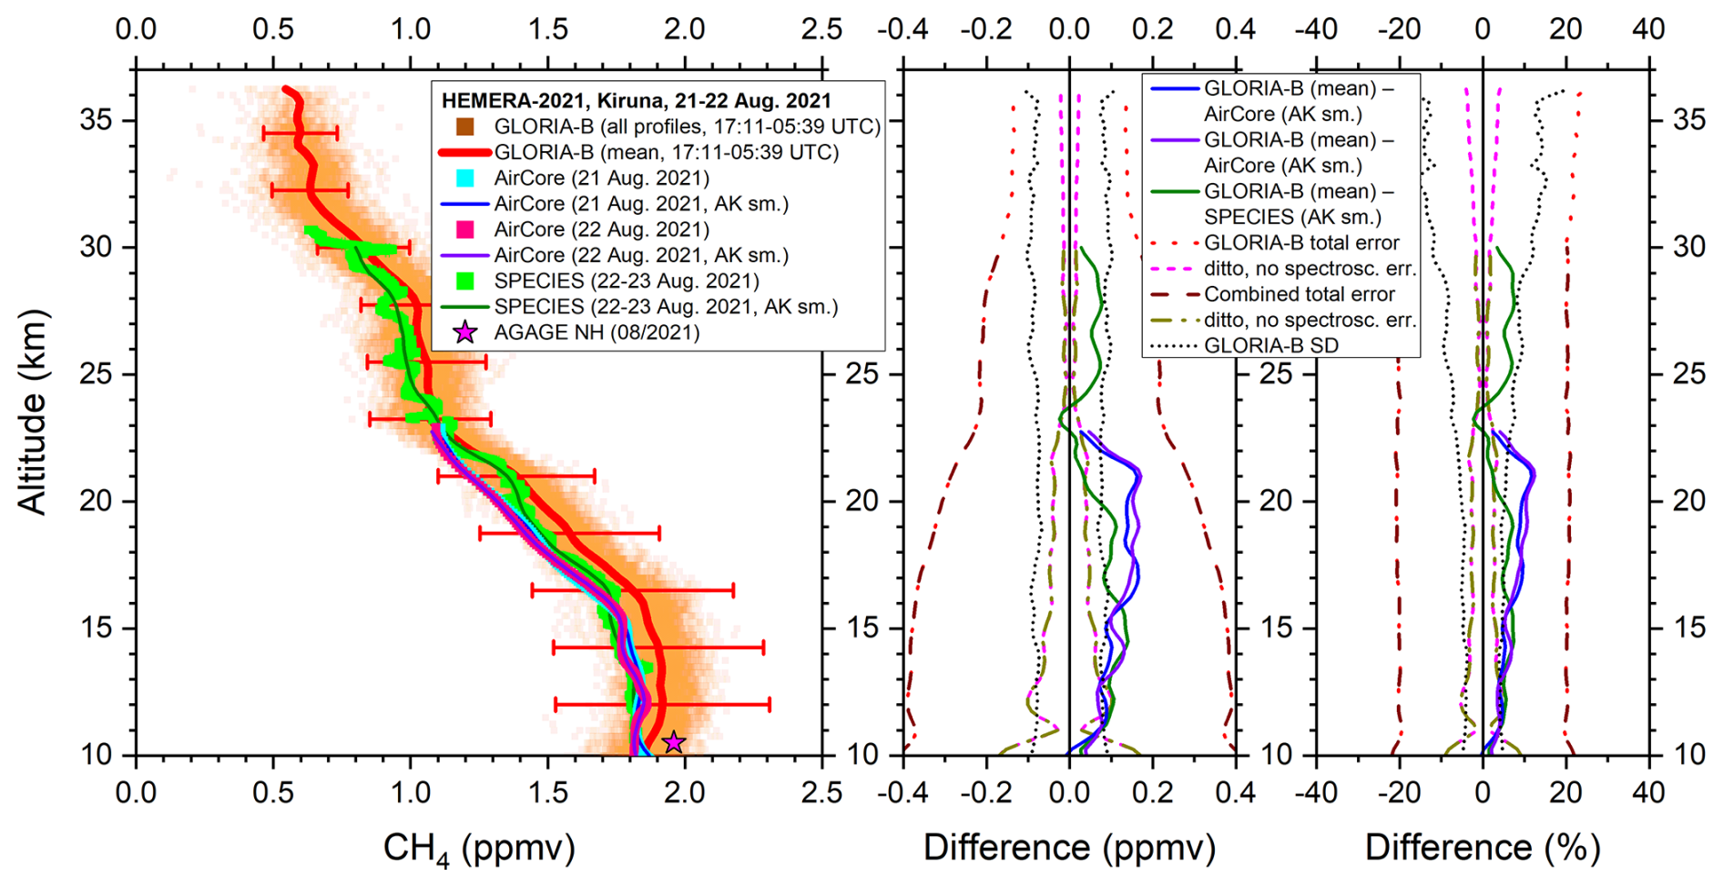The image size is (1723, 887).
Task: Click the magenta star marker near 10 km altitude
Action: [x=673, y=742]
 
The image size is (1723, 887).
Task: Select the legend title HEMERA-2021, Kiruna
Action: [x=636, y=100]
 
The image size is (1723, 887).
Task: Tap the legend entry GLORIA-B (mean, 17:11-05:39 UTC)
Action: [x=666, y=152]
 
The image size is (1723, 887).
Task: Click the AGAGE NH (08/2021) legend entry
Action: [x=596, y=332]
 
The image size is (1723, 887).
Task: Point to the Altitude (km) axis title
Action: [x=33, y=413]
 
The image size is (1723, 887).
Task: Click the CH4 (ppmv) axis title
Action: [x=479, y=849]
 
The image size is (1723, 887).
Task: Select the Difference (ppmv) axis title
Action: [x=1069, y=848]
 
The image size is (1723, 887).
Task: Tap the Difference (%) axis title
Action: [x=1482, y=848]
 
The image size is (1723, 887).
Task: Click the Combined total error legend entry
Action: [x=1299, y=294]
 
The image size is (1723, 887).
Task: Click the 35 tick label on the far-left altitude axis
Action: [x=97, y=121]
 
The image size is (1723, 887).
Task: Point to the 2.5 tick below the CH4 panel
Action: [x=822, y=792]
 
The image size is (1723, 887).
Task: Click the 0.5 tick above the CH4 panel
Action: [x=273, y=29]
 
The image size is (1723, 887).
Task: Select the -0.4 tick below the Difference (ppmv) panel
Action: [x=902, y=792]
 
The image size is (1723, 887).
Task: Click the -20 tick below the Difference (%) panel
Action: [x=1399, y=792]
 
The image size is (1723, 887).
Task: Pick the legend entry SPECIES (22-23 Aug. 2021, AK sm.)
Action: [x=666, y=307]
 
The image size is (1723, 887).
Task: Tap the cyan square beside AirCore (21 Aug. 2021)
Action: [x=465, y=178]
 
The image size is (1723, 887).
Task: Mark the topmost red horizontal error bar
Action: [x=300, y=133]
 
